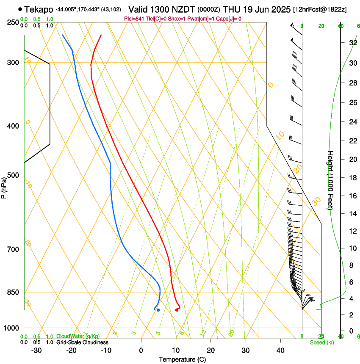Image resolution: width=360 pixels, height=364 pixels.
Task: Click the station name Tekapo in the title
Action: pos(39,9)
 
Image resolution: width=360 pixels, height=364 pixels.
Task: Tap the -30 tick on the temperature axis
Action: pos(36,350)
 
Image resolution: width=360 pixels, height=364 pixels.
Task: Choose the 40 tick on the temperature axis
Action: pos(280,350)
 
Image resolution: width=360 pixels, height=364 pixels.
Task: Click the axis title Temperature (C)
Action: pos(182,359)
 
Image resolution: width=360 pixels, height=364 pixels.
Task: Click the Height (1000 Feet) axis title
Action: pos(331,180)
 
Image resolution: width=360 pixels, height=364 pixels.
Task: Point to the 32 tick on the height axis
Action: pos(353,43)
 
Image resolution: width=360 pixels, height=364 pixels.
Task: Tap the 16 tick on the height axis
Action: pos(353,196)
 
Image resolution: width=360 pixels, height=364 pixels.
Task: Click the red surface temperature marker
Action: pos(177,310)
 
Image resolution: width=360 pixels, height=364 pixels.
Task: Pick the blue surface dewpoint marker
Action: pos(158,310)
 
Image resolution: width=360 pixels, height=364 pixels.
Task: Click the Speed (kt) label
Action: pos(321,342)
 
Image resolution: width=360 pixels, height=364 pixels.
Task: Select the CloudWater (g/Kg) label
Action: pos(77,336)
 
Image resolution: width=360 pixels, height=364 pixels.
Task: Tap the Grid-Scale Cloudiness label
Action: pos(82,342)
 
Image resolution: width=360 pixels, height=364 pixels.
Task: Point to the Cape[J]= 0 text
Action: pos(229,19)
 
